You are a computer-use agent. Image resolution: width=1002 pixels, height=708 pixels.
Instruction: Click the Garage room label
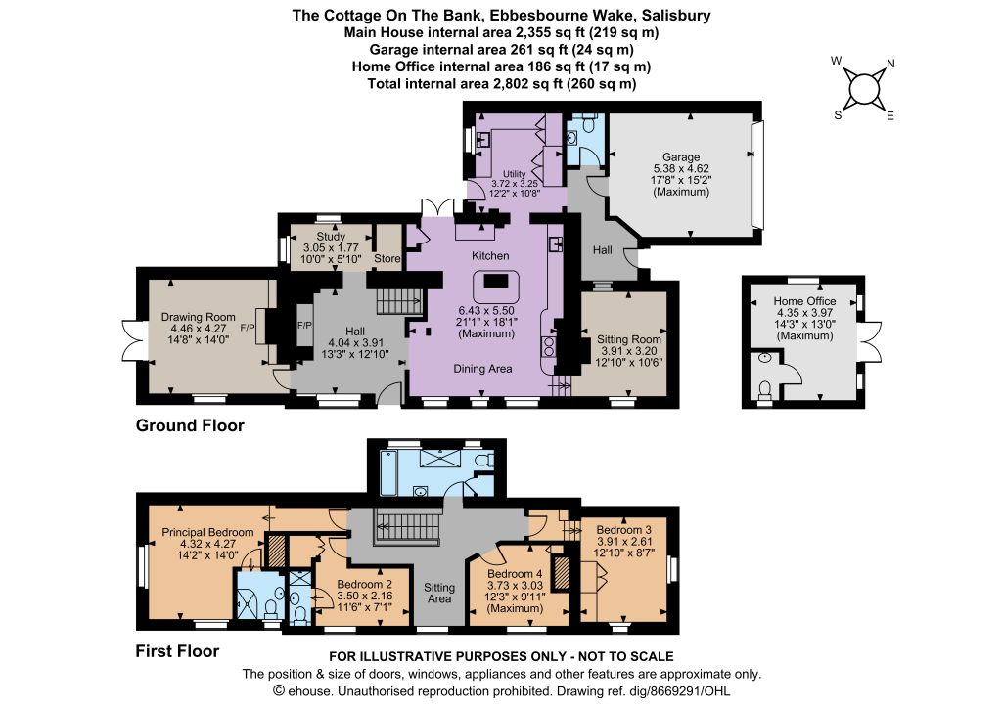pyautogui.click(x=681, y=157)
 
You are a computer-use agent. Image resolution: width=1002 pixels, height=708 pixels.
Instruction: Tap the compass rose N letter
pyautogui.click(x=889, y=66)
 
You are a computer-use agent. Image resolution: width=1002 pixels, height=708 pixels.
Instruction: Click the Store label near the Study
pyautogui.click(x=387, y=259)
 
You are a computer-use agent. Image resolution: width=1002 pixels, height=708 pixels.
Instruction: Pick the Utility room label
pyautogui.click(x=515, y=173)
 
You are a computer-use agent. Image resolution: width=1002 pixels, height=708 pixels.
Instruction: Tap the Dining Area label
pyautogui.click(x=485, y=369)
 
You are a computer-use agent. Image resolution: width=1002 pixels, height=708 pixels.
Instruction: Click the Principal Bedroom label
pyautogui.click(x=207, y=533)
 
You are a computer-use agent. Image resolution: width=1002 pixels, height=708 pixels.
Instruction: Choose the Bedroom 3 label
pyautogui.click(x=623, y=530)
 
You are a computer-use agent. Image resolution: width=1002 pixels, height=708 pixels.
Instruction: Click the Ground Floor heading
pyautogui.click(x=190, y=425)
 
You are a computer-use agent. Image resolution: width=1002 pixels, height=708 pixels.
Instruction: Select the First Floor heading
pyautogui.click(x=177, y=650)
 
